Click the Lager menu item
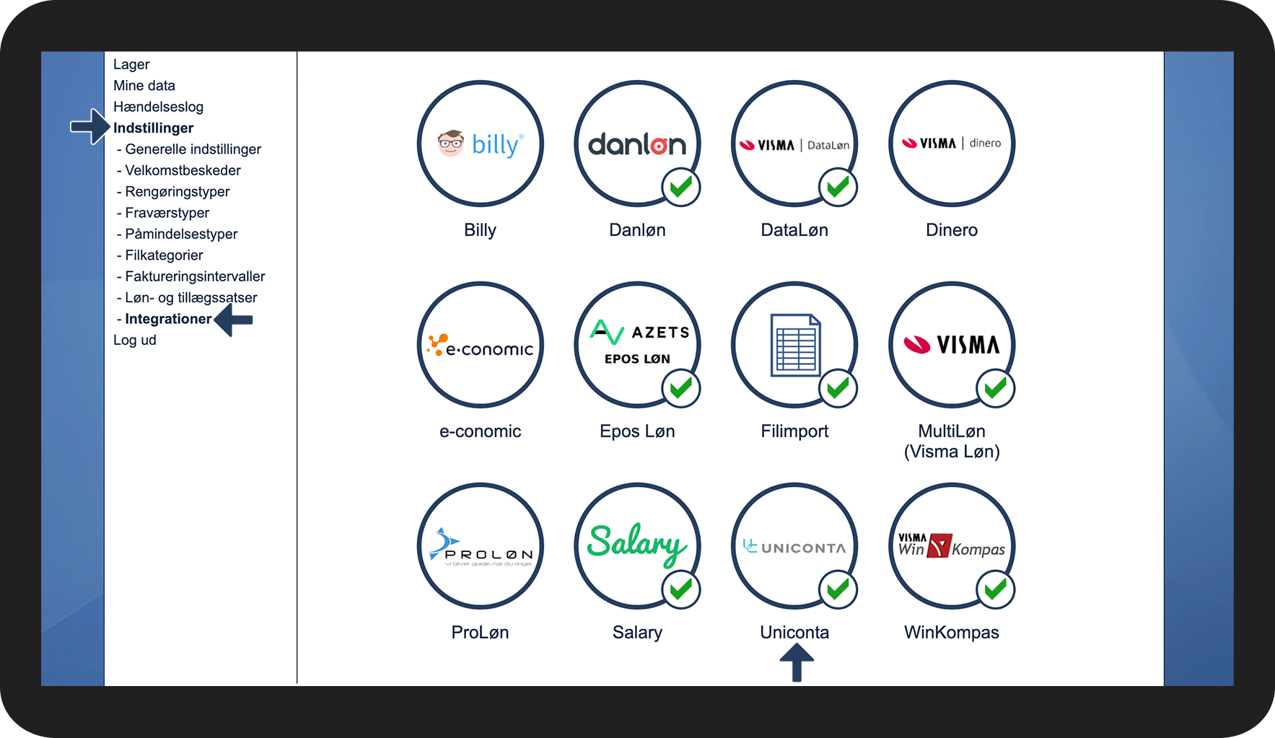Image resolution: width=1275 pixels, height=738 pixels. (131, 64)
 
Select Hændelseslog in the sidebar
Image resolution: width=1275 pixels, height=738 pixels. (158, 107)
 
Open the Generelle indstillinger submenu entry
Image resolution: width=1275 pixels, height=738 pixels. (193, 149)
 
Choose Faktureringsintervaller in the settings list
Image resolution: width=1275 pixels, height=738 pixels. (195, 276)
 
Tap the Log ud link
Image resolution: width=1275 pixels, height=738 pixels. (135, 340)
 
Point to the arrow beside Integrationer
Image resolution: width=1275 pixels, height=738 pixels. (235, 320)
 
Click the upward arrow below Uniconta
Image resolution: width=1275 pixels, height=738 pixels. (797, 662)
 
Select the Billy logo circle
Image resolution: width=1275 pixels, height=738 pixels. (480, 144)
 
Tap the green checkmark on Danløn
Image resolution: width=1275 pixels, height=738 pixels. (680, 188)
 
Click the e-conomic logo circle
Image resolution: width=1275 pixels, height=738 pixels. (480, 345)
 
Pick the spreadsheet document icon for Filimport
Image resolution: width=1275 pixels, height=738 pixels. (795, 345)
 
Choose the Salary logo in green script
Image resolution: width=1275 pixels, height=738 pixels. (636, 544)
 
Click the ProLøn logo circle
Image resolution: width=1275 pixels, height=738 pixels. (480, 546)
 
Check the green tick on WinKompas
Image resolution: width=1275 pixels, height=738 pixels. (995, 589)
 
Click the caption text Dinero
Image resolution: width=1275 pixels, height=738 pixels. (951, 230)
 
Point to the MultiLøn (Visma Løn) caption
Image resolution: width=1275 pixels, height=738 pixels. (951, 441)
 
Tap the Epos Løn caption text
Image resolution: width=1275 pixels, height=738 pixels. (637, 431)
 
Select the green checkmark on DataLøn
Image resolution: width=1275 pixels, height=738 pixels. (838, 188)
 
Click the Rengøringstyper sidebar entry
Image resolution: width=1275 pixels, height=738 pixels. (177, 192)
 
